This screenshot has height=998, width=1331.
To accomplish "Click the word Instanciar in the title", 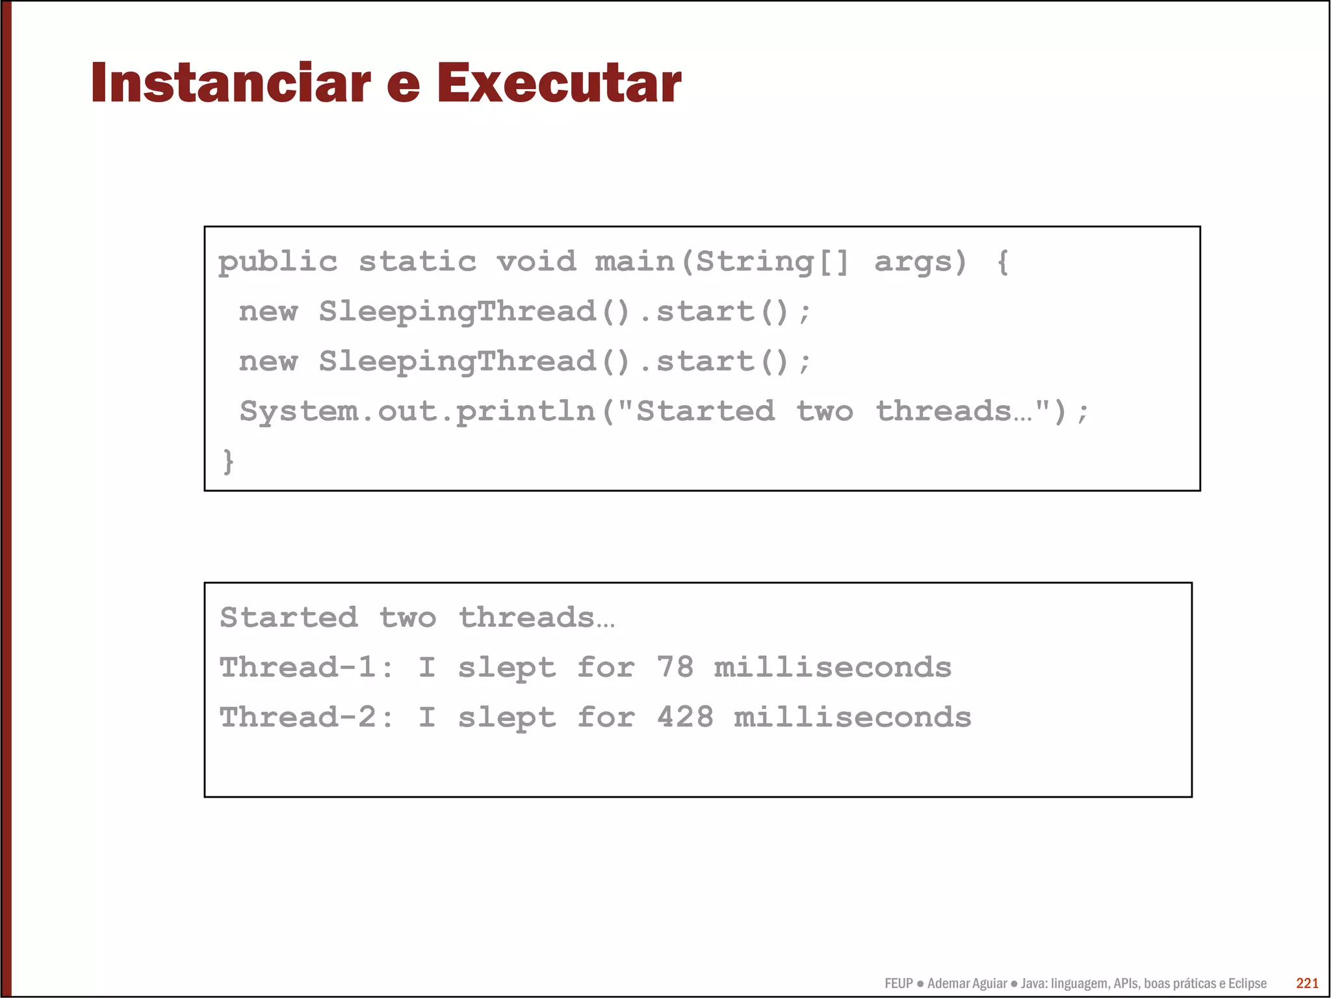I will (x=231, y=83).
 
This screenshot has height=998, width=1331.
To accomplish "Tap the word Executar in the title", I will (x=558, y=83).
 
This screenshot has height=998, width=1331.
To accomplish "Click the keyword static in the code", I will (x=417, y=262).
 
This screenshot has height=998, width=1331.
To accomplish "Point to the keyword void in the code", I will (x=536, y=262).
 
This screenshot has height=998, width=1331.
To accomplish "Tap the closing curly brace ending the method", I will (x=228, y=462).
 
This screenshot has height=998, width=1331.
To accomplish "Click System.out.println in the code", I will (x=417, y=412).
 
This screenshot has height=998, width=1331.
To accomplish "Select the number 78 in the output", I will (x=675, y=668).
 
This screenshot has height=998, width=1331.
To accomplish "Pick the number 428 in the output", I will (x=684, y=718).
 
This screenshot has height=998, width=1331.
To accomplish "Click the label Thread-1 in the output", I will (x=298, y=668).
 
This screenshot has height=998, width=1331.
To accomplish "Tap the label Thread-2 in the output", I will (x=298, y=718).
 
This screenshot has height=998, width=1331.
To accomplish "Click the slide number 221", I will (x=1307, y=983).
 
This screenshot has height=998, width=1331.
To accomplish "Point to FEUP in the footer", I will (x=898, y=984).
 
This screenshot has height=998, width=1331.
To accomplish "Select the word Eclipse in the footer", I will (x=1247, y=984).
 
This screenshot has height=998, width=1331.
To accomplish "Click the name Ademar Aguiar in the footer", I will (x=967, y=984).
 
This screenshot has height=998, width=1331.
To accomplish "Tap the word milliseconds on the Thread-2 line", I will (x=852, y=718).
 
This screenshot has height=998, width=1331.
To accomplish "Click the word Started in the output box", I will (x=289, y=618).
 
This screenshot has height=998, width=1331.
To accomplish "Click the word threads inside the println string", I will (x=944, y=412).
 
